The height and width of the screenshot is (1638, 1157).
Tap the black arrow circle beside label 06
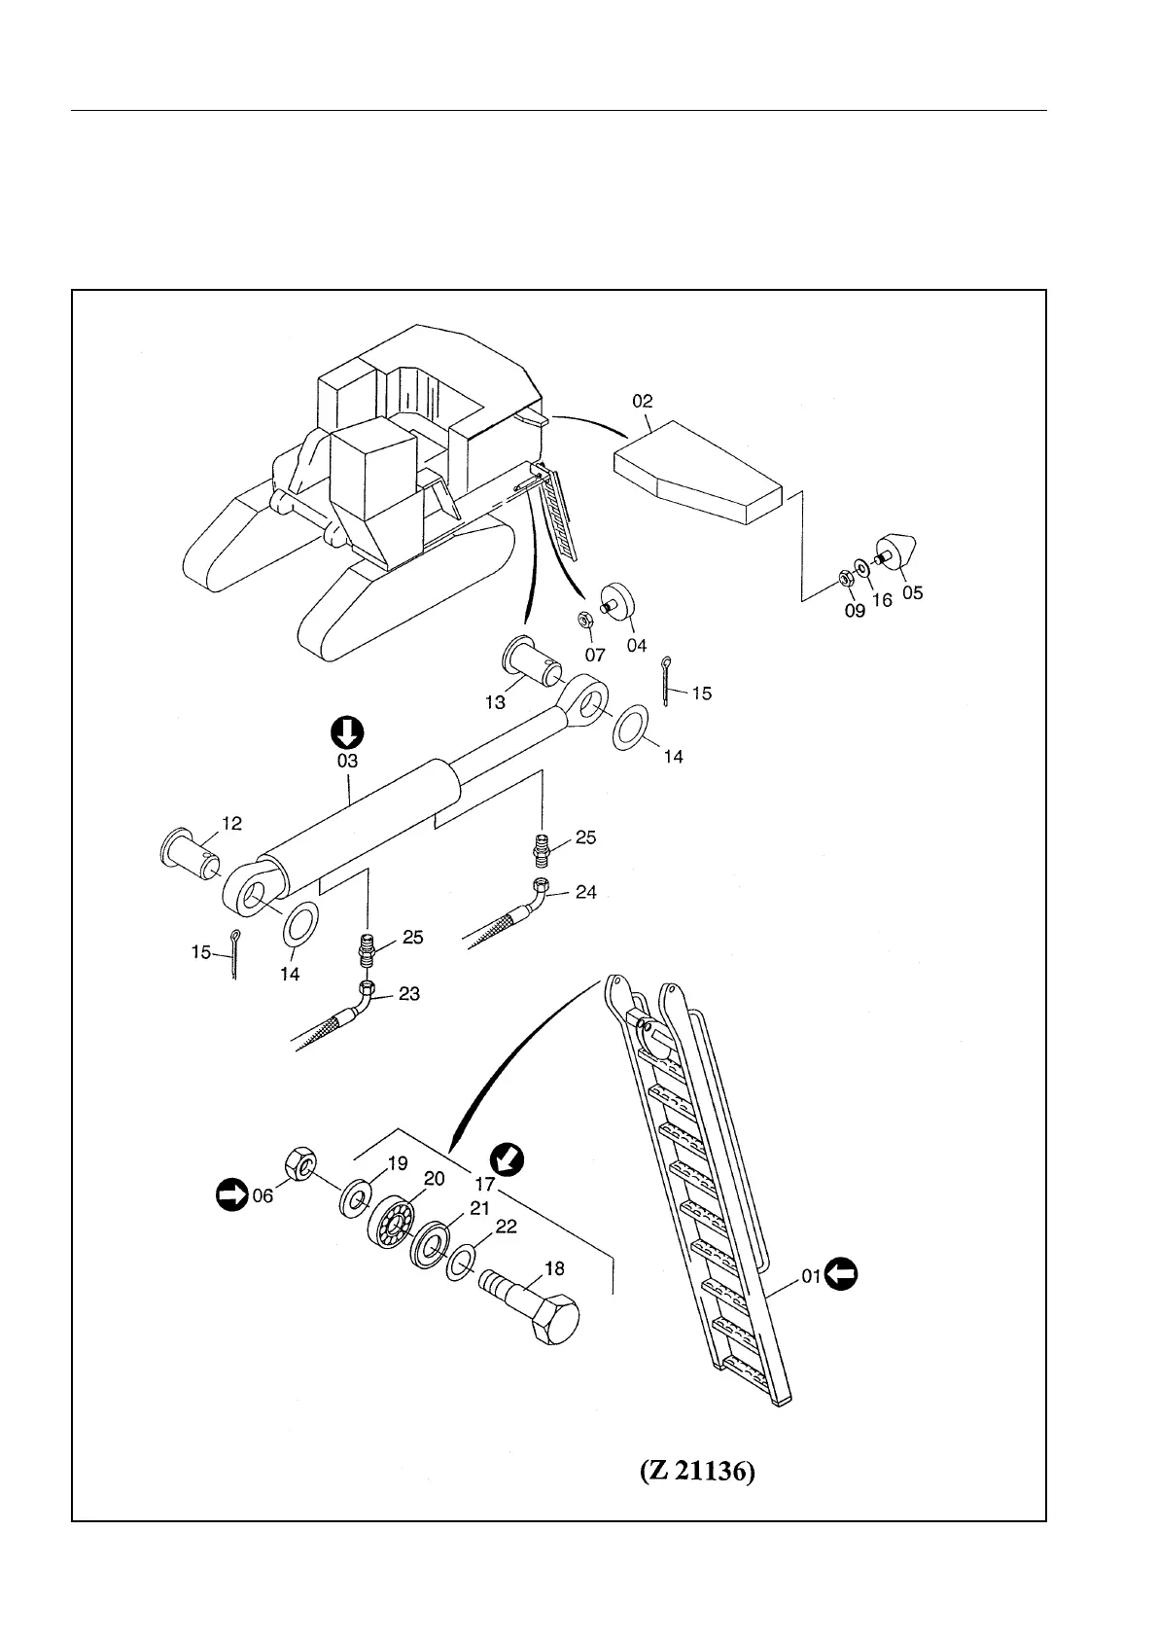(231, 1194)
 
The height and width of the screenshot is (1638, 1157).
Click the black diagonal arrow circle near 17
(508, 1158)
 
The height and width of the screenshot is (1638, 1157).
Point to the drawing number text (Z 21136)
(697, 1473)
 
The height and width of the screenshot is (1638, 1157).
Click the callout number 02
(642, 401)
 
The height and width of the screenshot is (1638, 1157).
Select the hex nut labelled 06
(298, 1163)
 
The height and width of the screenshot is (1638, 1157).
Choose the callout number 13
(495, 702)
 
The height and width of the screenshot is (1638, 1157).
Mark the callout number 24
(585, 891)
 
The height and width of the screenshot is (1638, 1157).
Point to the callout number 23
(409, 994)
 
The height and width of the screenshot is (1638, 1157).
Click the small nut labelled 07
(585, 620)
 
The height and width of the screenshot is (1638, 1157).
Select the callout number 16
(882, 600)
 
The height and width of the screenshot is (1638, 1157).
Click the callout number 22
(506, 1228)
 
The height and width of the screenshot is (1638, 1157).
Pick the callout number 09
(854, 611)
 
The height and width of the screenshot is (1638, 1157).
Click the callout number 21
(479, 1207)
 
